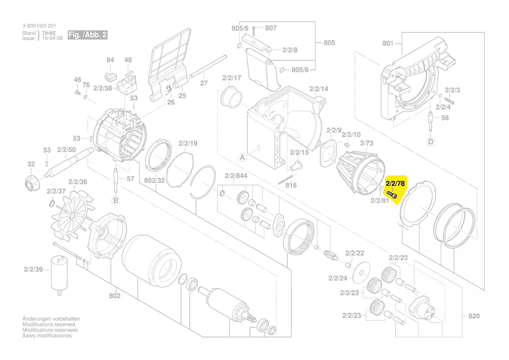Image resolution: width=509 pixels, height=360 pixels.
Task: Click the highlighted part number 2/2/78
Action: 395,183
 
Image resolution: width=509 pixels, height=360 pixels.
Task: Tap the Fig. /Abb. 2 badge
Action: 87,35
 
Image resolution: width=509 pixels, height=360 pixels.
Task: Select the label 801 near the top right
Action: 388,43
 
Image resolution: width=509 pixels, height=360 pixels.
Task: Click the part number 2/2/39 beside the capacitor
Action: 34,270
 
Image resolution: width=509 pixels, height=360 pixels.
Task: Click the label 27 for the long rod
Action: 204,83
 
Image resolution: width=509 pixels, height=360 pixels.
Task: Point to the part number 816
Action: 291,185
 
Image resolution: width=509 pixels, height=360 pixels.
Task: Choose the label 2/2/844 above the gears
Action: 236,176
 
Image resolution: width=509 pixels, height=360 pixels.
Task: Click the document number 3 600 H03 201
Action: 39,27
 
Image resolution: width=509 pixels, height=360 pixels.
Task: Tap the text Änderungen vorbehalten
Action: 51,319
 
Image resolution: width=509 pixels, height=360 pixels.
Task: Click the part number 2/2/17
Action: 232,78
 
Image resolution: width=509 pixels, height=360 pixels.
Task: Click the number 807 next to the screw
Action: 271,28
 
